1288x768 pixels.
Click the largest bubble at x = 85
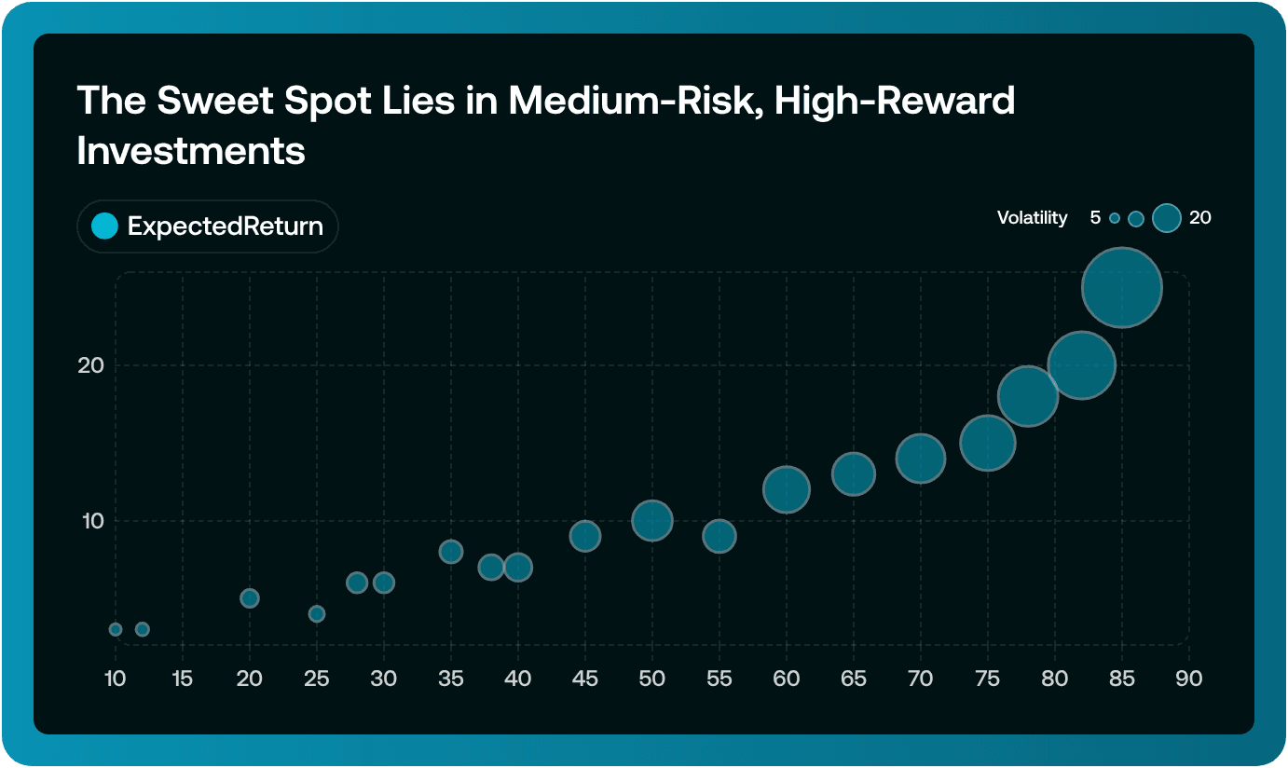click(x=1122, y=287)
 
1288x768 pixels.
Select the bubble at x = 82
click(x=1081, y=365)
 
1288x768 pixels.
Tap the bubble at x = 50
click(x=652, y=520)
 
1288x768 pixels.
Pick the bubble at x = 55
click(x=719, y=536)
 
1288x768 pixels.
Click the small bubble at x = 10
click(x=116, y=629)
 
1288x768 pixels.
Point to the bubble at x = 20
click(x=250, y=598)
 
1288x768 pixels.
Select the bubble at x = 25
click(x=317, y=613)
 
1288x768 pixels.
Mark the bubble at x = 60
click(x=787, y=489)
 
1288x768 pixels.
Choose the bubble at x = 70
click(x=921, y=459)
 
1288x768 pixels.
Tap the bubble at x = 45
click(x=585, y=536)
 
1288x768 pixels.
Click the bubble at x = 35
click(x=451, y=552)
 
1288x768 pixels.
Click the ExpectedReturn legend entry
click(x=207, y=226)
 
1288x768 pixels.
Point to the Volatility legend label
click(x=1032, y=218)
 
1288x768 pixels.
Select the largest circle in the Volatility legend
click(x=1167, y=218)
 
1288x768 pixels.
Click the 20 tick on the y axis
click(x=90, y=365)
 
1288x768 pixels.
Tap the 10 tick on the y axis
click(x=90, y=520)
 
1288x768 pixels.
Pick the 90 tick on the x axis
click(x=1189, y=679)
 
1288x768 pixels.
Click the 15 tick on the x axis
click(x=183, y=679)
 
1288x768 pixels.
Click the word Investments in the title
click(x=191, y=150)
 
